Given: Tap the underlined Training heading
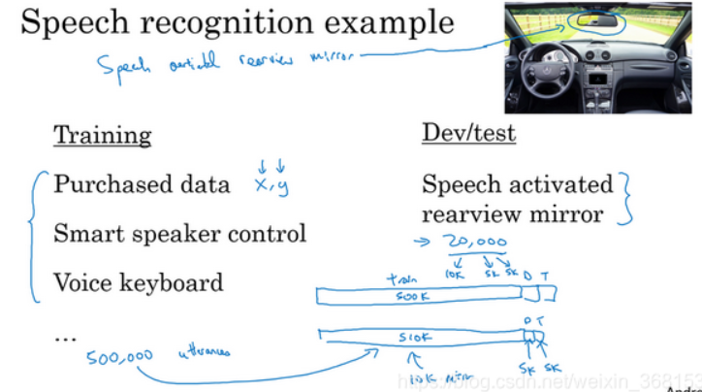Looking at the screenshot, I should point(102,135).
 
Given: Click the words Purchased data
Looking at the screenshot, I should point(142,184).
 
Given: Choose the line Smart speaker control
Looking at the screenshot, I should point(179,233).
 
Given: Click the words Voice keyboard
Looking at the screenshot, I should point(138,282).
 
